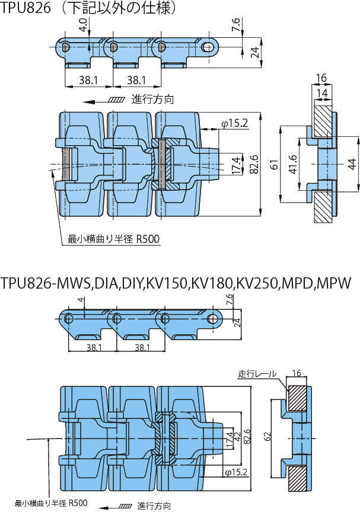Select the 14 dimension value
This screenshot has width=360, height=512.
322,94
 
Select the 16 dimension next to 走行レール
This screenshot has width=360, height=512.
297,373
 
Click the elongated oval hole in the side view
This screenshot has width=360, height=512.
208,46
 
